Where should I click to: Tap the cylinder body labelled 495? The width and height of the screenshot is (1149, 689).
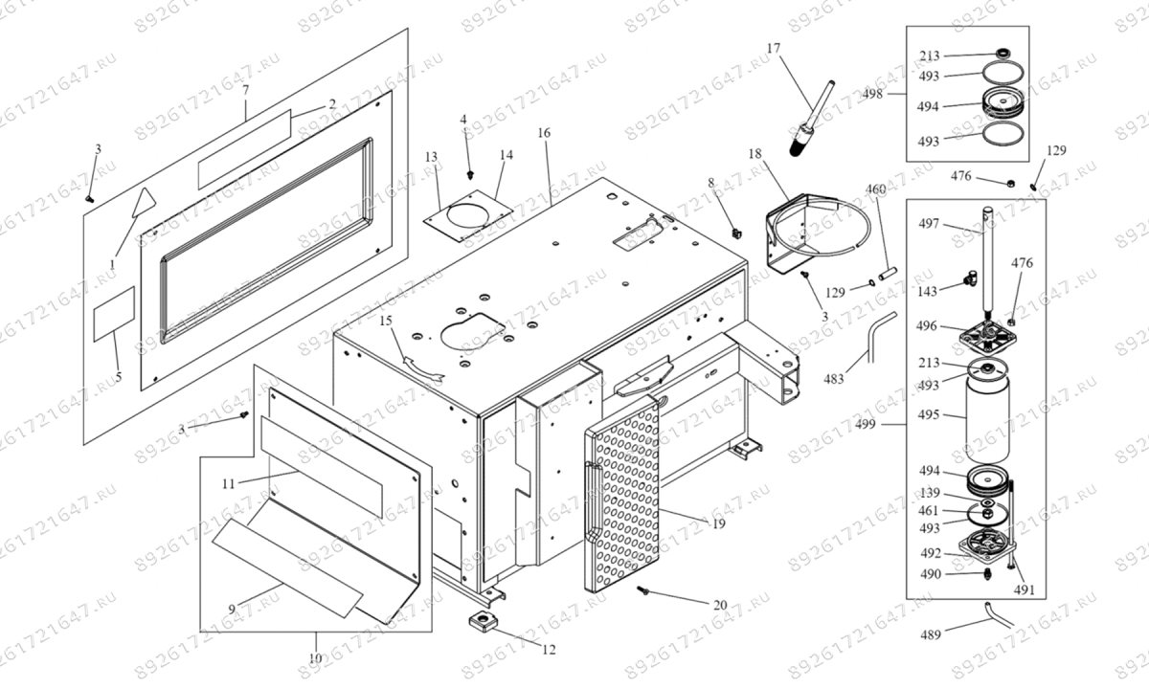[985, 416]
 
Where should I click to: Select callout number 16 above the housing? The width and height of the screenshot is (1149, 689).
[544, 133]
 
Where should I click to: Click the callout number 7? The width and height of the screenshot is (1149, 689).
[245, 89]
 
